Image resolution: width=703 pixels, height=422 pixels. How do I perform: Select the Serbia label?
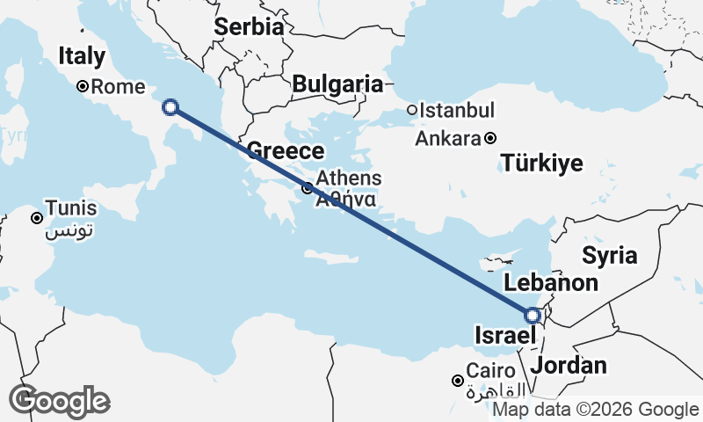pos(249,26)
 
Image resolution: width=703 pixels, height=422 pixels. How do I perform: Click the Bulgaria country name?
pos(338,84)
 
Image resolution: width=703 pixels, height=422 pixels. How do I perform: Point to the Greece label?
pos(286,150)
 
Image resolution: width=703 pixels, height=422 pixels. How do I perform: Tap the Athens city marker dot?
pos(307,188)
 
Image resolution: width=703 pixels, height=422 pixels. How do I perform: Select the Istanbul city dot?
pos(411,111)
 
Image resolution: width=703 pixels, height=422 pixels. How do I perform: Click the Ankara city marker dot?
pos(490,138)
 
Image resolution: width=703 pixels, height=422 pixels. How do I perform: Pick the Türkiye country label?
pos(542,163)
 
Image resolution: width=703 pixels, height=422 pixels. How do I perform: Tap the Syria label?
pos(610,256)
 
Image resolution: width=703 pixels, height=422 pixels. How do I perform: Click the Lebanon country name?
pos(550,283)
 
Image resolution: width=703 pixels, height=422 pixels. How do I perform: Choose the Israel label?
pos(503,336)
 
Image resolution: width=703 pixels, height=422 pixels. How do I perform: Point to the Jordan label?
pos(569,366)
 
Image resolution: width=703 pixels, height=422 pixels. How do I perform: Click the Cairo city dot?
pos(457,381)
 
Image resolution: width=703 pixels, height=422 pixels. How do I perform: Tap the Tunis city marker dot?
pos(37,218)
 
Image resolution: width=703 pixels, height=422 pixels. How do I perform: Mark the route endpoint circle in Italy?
pos(170,108)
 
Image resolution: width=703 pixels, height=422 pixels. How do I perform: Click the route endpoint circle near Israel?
pos(533,315)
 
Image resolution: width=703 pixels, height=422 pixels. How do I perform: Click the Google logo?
pos(59,401)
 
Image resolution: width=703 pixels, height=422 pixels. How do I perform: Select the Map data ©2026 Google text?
pos(595,409)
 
